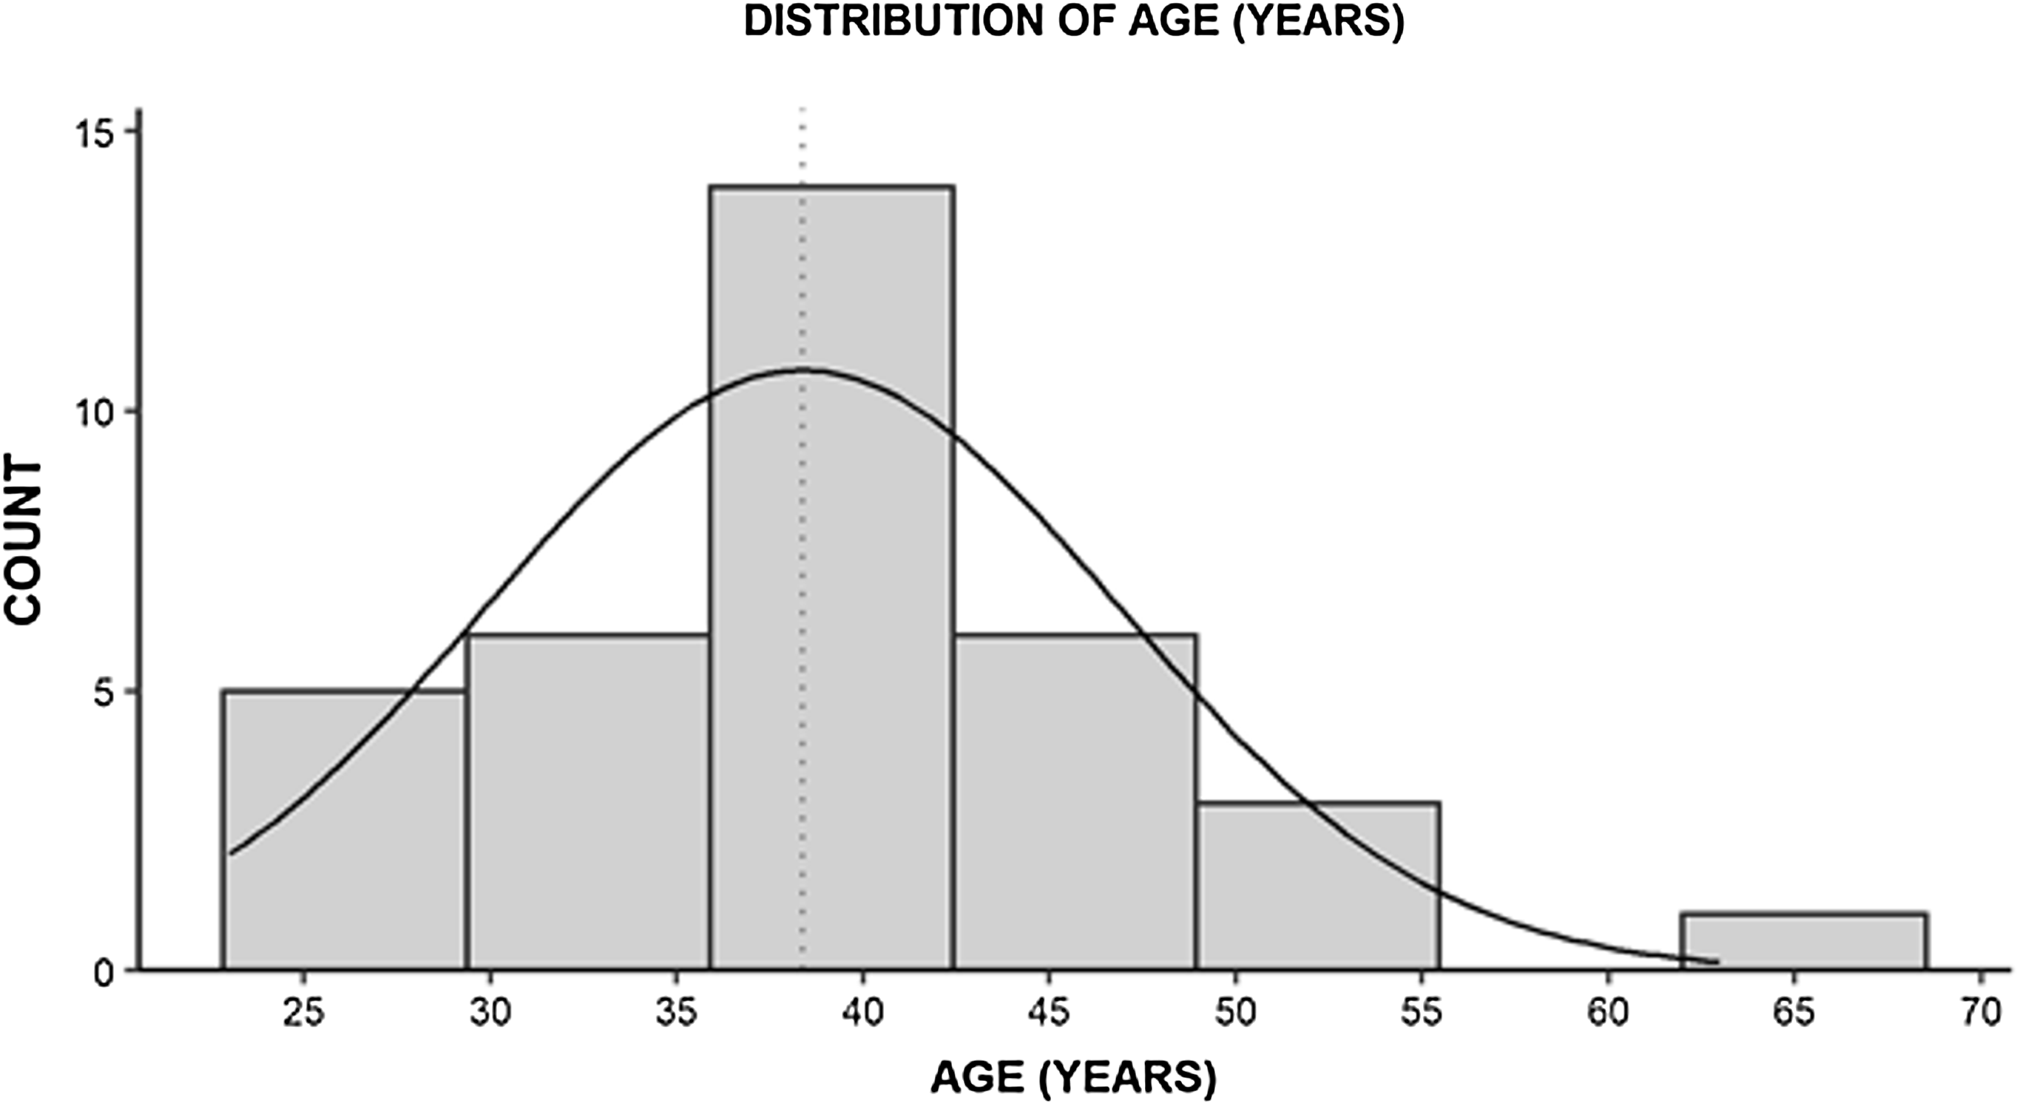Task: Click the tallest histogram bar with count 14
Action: (x=831, y=579)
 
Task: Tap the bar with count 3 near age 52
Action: (x=1319, y=884)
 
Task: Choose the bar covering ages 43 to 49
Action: (x=1075, y=802)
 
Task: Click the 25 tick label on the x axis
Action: (x=304, y=1013)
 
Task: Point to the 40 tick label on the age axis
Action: (x=863, y=1013)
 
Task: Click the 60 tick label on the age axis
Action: (x=1608, y=1013)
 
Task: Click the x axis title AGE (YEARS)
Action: (x=1072, y=1078)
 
